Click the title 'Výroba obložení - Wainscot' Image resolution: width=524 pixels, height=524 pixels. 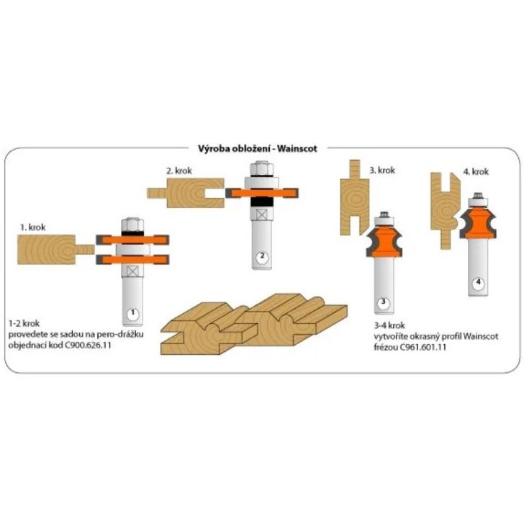(261, 149)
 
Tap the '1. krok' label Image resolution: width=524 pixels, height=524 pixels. (34, 226)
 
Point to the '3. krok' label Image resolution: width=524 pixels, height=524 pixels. (384, 171)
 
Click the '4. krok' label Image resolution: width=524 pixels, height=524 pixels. (475, 172)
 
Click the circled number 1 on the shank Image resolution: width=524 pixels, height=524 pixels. (131, 314)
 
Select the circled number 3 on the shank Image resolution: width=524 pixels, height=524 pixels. (384, 302)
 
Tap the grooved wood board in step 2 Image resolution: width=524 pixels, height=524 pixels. (181, 194)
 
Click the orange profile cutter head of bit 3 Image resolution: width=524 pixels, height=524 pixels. (384, 237)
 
